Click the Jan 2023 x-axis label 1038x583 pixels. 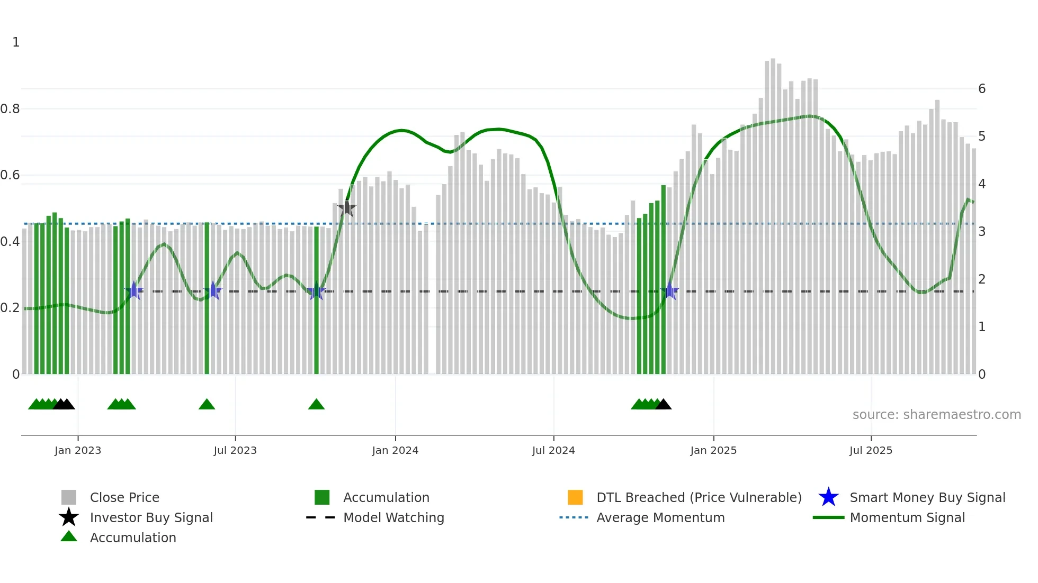(78, 450)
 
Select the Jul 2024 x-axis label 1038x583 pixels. (553, 450)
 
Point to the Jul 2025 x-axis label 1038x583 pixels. (871, 450)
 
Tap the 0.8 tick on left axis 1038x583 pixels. (10, 109)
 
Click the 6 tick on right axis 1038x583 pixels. (982, 89)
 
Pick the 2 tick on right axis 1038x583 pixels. (982, 279)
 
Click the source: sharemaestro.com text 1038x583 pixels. (936, 415)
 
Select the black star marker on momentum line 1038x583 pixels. (347, 208)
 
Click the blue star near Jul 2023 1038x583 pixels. (213, 290)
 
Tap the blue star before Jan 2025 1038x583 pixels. (670, 290)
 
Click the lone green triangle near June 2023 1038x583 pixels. (207, 405)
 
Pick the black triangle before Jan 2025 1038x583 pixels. (663, 405)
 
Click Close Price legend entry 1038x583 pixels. (124, 497)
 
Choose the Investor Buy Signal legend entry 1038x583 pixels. (151, 517)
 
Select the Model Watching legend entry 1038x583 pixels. (393, 517)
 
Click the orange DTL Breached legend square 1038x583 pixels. (575, 497)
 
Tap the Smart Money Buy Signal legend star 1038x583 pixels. (828, 497)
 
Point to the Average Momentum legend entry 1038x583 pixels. (660, 517)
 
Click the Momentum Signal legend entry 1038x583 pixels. (907, 517)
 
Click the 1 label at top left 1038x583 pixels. (16, 42)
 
